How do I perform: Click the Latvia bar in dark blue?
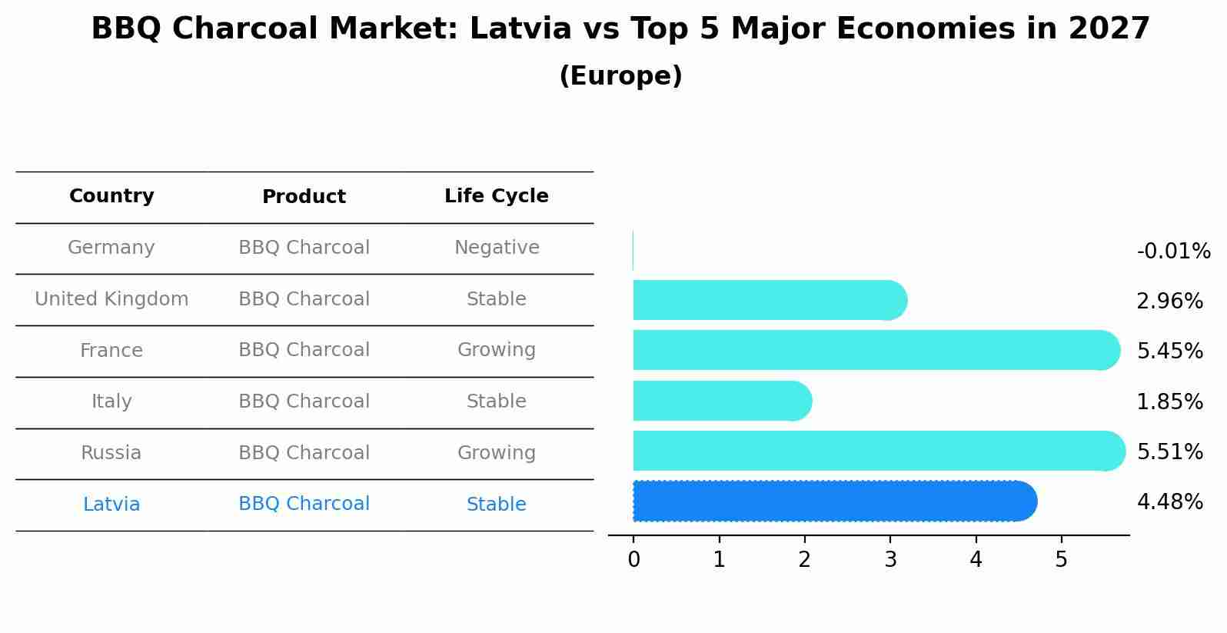click(x=835, y=501)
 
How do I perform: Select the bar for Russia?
click(x=880, y=451)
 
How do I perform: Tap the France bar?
click(x=876, y=350)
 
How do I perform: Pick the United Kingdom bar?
click(x=770, y=300)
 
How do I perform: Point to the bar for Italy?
click(x=723, y=401)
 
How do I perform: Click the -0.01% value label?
click(x=1173, y=251)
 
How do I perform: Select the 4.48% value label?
click(x=1170, y=501)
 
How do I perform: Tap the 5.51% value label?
click(x=1170, y=451)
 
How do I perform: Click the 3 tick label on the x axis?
click(x=891, y=559)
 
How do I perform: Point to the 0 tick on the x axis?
click(x=633, y=559)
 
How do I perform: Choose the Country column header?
click(x=111, y=195)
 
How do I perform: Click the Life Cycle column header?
click(x=497, y=195)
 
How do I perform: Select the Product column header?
click(x=304, y=196)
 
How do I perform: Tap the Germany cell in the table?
click(x=111, y=247)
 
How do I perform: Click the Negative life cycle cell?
click(x=497, y=247)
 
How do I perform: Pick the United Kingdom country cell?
click(x=111, y=298)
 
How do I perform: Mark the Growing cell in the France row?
click(x=497, y=350)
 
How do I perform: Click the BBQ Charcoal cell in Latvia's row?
click(x=304, y=503)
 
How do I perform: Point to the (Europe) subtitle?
click(x=620, y=75)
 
